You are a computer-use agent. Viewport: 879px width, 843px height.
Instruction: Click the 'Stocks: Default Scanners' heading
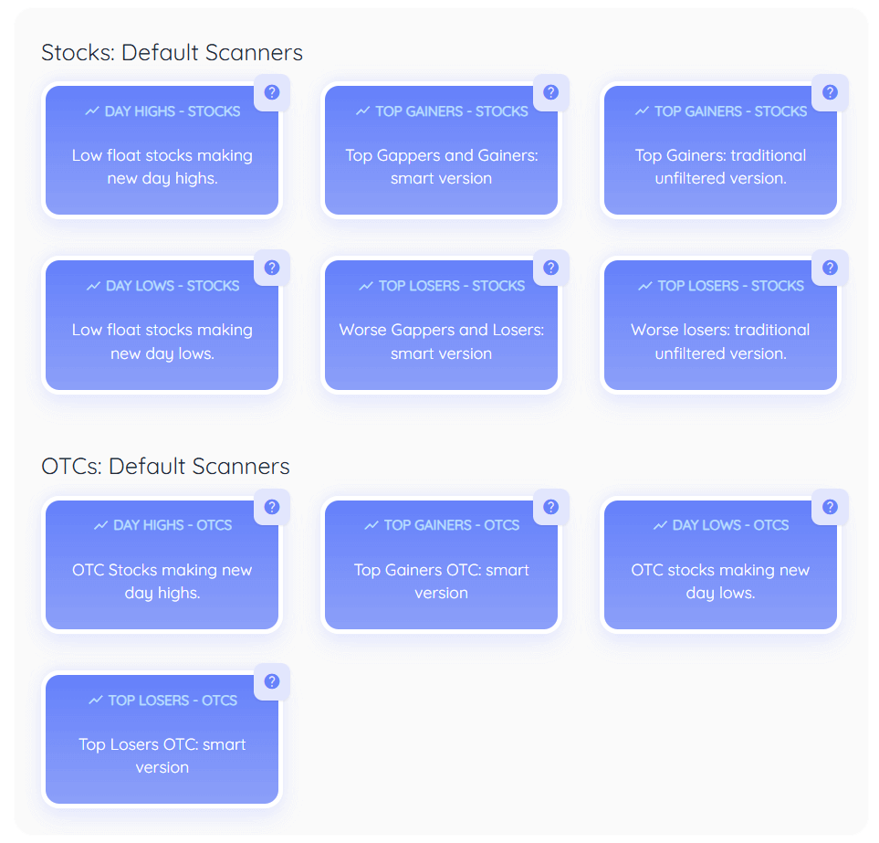pos(172,53)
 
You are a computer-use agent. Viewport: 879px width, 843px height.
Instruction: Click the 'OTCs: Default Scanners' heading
pos(165,467)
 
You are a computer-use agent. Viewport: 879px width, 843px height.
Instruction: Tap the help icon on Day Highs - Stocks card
pos(271,92)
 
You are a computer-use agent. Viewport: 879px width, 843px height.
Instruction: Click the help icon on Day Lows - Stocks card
pos(271,268)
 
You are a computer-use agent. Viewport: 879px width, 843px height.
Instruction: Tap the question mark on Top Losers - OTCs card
pos(271,681)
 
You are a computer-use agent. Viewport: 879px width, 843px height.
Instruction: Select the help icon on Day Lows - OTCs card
pos(830,507)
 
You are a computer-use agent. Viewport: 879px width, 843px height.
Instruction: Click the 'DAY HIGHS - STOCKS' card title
pos(173,111)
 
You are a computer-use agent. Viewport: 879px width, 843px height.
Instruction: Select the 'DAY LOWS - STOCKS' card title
pos(173,286)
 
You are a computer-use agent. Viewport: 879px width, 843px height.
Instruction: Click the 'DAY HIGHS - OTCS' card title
pos(173,525)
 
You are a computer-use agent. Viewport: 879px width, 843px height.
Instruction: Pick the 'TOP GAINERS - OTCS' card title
pos(451,525)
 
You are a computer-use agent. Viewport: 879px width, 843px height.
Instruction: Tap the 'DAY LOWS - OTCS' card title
pos(730,525)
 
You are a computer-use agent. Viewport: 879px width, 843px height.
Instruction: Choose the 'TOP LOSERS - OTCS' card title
pos(173,701)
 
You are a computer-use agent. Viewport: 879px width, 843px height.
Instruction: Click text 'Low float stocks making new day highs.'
pos(162,167)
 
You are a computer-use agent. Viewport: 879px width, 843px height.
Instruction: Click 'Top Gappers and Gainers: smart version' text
pos(442,167)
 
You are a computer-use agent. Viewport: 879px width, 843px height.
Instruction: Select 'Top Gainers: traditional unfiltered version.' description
pos(721,167)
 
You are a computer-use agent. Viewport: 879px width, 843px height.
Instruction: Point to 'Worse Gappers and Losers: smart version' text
pos(442,342)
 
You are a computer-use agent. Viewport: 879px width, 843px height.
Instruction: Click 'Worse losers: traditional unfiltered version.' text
pos(721,342)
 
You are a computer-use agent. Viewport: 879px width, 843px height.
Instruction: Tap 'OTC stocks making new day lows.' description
pos(721,581)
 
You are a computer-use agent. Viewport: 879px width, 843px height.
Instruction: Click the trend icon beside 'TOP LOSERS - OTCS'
pos(96,701)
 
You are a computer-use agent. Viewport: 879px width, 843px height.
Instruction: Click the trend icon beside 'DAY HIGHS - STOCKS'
pos(92,111)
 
